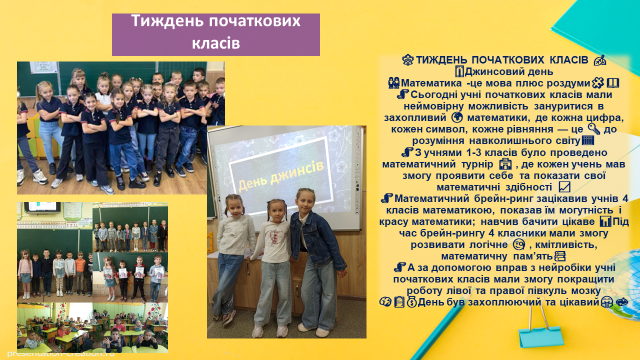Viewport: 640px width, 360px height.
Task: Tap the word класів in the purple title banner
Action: pyautogui.click(x=215, y=43)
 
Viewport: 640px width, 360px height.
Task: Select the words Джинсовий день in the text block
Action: pyautogui.click(x=509, y=71)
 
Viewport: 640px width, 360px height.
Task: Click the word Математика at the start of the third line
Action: pyautogui.click(x=431, y=83)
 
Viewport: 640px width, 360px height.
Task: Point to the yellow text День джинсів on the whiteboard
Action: pyautogui.click(x=281, y=176)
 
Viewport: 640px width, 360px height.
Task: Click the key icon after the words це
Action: pyautogui.click(x=594, y=129)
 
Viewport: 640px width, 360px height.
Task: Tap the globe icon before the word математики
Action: pyautogui.click(x=457, y=117)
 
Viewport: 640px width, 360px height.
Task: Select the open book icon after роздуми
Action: pyautogui.click(x=613, y=83)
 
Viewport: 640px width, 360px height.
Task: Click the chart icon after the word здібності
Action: pyautogui.click(x=564, y=187)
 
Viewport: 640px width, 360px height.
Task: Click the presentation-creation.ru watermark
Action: pyautogui.click(x=60, y=353)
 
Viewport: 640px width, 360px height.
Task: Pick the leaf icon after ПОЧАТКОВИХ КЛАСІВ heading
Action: pyautogui.click(x=599, y=60)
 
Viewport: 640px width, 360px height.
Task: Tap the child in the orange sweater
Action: pyautogui.click(x=80, y=273)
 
